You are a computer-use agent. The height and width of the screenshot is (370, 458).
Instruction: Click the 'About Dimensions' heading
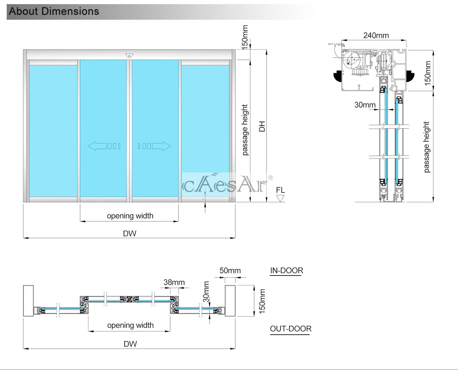[54, 11]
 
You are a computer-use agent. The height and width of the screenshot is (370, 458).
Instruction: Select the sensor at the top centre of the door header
[129, 55]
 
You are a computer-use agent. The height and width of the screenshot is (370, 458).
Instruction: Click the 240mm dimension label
[376, 35]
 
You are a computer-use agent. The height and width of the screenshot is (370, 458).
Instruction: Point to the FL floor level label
[280, 190]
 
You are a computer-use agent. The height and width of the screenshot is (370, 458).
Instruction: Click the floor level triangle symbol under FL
[280, 199]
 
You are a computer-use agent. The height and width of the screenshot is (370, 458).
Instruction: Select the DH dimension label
[262, 126]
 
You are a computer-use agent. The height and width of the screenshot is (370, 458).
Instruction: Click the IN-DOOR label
[286, 270]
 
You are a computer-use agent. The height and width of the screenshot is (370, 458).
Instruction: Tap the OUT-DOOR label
[290, 329]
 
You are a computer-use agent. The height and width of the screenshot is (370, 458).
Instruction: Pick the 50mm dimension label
[230, 270]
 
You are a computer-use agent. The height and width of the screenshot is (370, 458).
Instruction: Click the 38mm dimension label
[174, 282]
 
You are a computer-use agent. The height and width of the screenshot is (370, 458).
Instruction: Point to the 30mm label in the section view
[365, 105]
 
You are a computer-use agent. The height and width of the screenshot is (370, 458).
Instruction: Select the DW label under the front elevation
[129, 234]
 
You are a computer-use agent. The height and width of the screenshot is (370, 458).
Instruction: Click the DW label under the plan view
[130, 344]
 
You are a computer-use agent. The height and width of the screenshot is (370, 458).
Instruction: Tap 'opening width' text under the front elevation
[130, 216]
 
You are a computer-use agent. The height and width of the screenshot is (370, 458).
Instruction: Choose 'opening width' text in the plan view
[130, 325]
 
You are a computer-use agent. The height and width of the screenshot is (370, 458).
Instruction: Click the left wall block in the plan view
[28, 301]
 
